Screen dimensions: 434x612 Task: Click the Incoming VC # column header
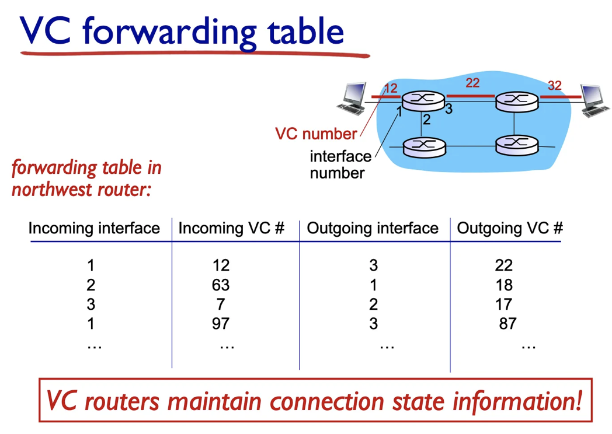tap(231, 228)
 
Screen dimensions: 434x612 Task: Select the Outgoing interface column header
tap(373, 228)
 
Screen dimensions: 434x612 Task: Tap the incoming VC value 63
tap(221, 285)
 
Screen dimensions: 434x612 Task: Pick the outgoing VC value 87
tap(507, 324)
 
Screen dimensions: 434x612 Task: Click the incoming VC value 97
tap(221, 324)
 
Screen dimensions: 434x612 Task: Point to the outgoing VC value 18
tap(503, 285)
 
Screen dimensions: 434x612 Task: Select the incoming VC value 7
tap(221, 304)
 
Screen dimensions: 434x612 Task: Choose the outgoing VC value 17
tap(503, 304)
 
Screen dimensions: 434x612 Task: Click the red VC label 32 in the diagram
tap(554, 86)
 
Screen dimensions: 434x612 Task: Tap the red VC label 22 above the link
tap(472, 83)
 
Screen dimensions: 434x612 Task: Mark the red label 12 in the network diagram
tap(390, 89)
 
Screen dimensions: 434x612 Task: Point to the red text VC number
tap(316, 134)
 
